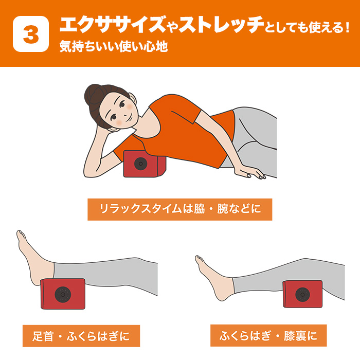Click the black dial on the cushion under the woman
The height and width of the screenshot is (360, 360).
(139, 164)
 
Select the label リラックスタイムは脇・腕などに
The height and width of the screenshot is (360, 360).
(179, 209)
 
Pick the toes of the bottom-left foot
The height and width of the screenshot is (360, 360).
(22, 238)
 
